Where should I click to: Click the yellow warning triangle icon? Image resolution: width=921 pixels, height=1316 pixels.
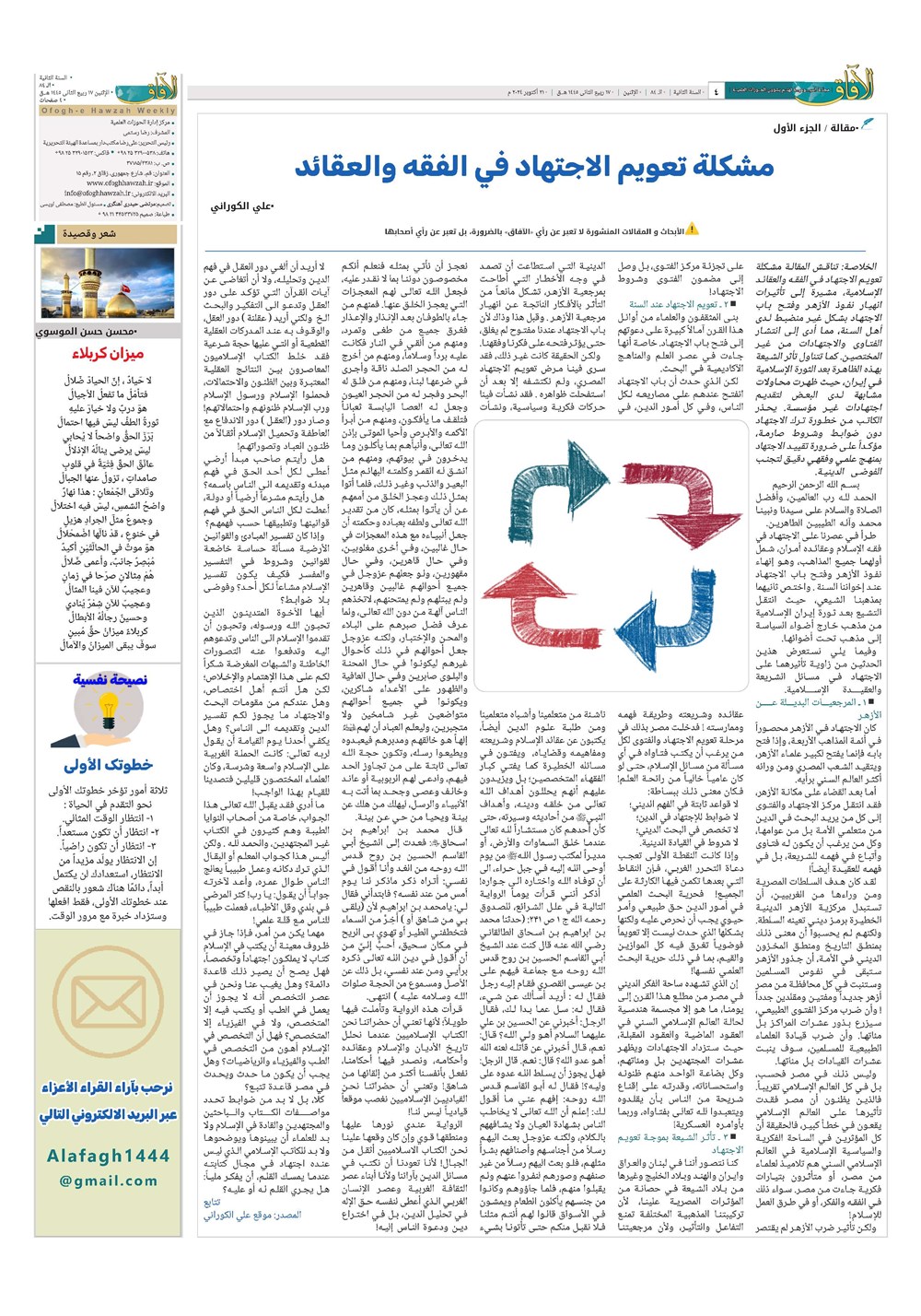click(x=692, y=229)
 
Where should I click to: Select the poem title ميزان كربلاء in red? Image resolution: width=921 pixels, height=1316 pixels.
click(x=109, y=354)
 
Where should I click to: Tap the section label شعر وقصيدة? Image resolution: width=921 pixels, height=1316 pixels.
click(x=89, y=234)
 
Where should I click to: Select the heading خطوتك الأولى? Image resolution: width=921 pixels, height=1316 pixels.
click(x=109, y=765)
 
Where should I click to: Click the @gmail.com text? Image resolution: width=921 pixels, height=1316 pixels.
click(x=108, y=1181)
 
